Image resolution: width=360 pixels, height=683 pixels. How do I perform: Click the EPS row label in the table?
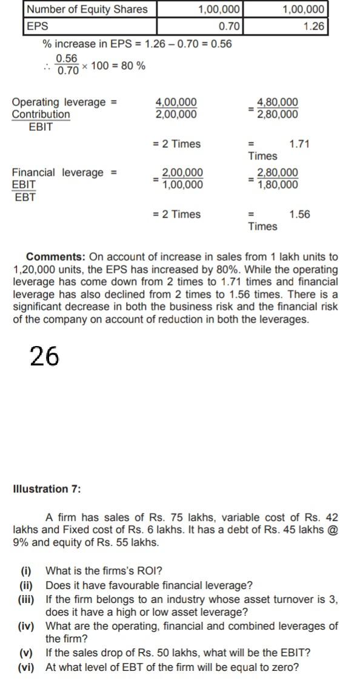38,27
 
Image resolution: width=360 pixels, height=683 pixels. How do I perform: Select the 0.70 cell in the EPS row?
230,27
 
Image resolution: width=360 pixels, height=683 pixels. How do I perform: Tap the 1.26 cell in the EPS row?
314,27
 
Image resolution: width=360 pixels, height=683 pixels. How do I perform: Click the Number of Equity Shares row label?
87,9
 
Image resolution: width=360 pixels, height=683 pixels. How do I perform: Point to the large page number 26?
44,357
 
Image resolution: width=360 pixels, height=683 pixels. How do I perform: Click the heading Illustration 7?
47,489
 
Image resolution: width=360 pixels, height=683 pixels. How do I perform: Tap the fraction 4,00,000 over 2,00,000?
176,108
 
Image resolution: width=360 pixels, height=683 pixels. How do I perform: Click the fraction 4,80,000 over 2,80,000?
278,108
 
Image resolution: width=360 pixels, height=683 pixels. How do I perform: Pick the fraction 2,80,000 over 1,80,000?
278,179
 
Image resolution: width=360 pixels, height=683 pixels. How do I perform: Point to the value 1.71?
299,144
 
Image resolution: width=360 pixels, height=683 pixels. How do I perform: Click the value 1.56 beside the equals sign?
299,215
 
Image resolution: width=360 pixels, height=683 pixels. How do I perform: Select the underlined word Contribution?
41,115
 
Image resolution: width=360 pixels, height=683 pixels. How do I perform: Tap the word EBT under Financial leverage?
25,197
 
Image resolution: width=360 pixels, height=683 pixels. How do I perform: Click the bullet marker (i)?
27,571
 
